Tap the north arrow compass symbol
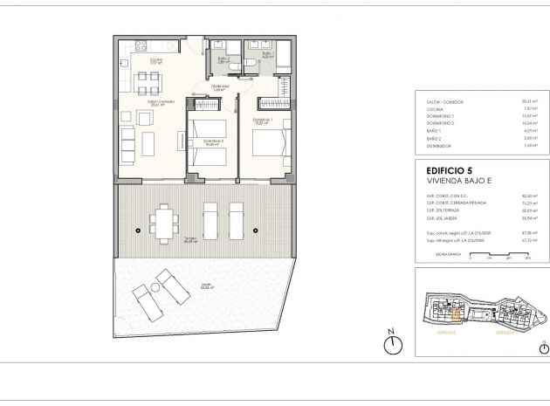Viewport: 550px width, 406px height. pyautogui.click(x=394, y=345)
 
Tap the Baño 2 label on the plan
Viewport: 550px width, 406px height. pyautogui.click(x=223, y=60)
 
